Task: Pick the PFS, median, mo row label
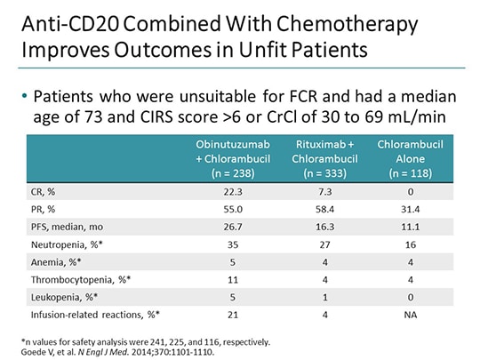63,221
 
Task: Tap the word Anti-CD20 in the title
57,20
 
